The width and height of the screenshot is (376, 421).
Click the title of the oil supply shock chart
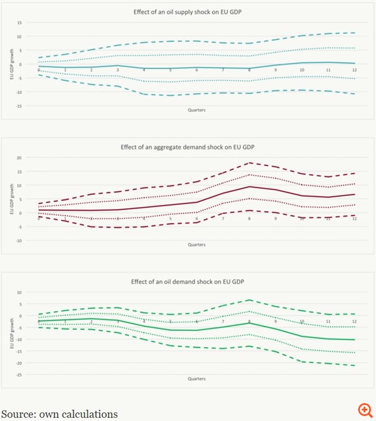(x=188, y=12)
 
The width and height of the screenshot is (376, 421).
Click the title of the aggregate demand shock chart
(x=188, y=147)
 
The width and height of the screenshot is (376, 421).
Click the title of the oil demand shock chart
(x=188, y=281)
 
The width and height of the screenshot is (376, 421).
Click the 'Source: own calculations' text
(x=59, y=414)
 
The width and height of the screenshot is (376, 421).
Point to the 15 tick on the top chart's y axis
(x=19, y=23)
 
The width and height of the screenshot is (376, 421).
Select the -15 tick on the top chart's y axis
(x=18, y=106)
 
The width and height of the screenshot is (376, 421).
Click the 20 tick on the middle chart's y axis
(x=19, y=157)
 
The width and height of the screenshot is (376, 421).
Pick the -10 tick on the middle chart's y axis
(x=18, y=240)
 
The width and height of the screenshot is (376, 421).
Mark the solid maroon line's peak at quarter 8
(x=249, y=186)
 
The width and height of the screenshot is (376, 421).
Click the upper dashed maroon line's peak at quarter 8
(x=249, y=163)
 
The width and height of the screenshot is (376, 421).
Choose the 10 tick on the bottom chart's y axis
(x=19, y=292)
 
